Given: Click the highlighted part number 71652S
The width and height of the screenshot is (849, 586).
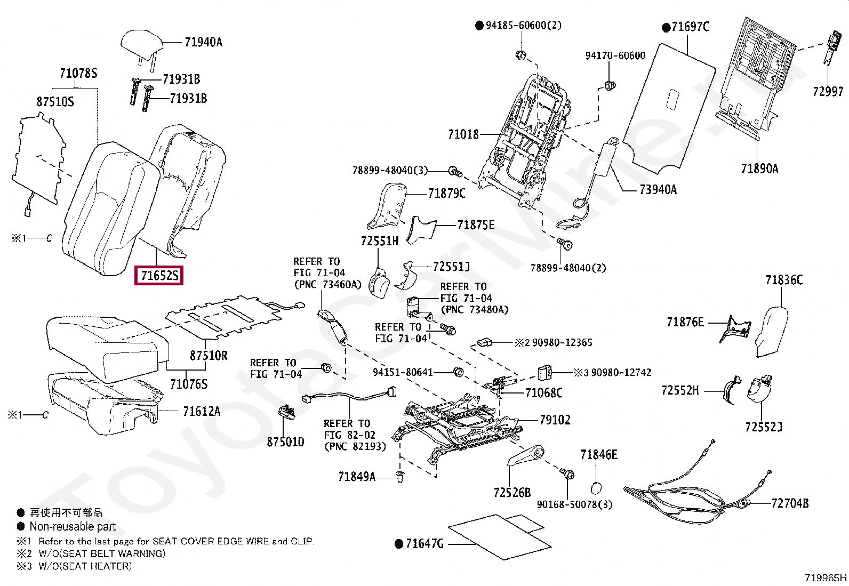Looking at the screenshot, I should pos(159,276).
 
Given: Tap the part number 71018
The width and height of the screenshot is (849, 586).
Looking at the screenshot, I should pos(463,135).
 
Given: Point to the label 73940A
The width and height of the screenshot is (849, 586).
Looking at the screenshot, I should pos(658,189).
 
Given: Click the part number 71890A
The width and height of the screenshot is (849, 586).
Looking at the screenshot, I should pos(759,169).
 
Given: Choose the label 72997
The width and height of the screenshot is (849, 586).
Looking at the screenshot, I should pos(828,92).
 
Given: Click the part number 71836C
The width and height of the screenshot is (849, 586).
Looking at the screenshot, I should pos(783,280).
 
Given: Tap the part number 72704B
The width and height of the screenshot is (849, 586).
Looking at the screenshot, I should pos(789,503).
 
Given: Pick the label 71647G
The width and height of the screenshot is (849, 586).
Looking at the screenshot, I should pos(424,544).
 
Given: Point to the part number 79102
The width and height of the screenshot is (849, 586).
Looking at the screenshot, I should pos(555,420).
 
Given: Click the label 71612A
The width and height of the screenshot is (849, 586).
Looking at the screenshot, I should pos(202,411).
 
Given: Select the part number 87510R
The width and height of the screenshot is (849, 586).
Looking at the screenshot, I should pos(209,355).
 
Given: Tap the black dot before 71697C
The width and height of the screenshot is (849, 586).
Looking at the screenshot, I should pos(666,27).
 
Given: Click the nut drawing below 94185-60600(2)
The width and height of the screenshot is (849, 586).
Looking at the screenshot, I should pos(522,55).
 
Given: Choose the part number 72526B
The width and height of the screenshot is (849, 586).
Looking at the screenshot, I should pos(512,493).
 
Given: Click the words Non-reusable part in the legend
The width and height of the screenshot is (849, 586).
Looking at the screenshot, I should pos(73,527).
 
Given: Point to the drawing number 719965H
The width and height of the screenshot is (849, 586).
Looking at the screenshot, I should pos(826,577).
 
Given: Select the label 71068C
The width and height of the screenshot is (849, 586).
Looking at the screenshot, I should pos(543,393).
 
